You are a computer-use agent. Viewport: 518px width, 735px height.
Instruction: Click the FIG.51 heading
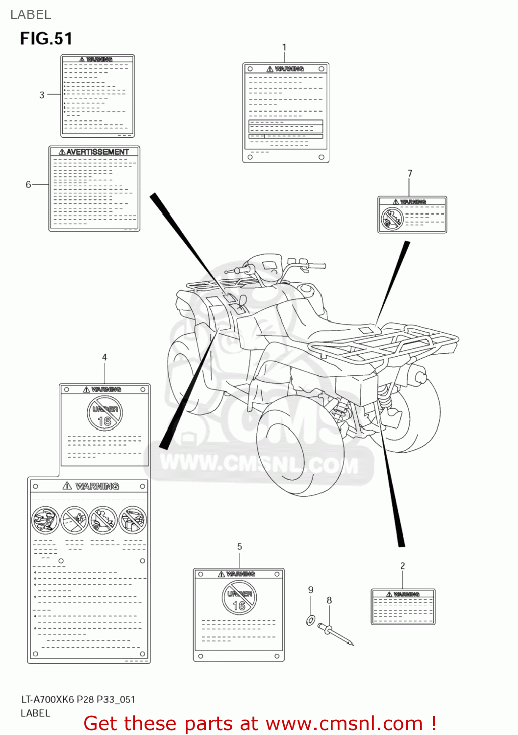coord(46,38)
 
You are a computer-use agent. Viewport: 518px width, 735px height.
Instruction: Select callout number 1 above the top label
coord(284,48)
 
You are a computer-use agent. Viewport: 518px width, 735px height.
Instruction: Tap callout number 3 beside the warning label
coord(42,95)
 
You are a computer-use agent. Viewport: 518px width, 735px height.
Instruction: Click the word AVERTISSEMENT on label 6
coord(97,152)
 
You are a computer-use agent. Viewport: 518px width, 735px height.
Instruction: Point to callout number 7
coord(410,173)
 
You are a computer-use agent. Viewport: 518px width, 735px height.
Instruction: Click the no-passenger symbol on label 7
coord(392,219)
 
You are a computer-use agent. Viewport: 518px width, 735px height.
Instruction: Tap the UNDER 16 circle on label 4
coord(104,414)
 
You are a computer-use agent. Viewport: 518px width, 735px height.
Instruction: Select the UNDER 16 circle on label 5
coord(239,598)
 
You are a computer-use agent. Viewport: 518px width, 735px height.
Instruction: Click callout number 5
coord(239,546)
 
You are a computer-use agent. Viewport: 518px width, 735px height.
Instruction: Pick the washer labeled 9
coord(311,620)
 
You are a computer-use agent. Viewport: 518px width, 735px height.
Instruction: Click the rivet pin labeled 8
coord(336,634)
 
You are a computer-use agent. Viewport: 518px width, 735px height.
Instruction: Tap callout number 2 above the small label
coord(402,566)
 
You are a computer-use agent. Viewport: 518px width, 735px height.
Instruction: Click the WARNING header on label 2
coord(403,594)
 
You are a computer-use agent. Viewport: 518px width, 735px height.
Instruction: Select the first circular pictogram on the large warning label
coord(46,520)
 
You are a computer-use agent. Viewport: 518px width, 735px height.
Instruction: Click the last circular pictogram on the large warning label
coord(133,520)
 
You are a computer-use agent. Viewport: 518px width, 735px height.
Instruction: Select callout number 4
coord(104,357)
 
